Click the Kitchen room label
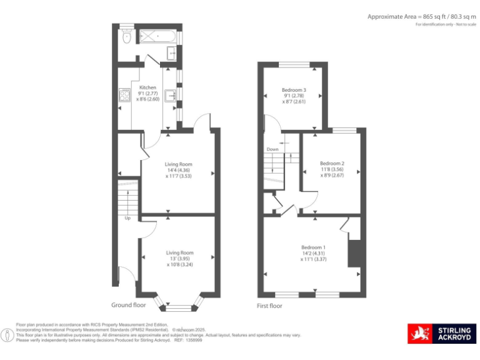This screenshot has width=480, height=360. (x=147, y=87)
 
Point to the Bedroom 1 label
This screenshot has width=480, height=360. (x=313, y=247)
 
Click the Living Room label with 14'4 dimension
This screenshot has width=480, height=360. (x=178, y=164)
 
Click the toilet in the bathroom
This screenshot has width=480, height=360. (x=127, y=38)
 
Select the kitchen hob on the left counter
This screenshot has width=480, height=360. (x=124, y=96)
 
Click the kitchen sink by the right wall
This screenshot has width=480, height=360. (x=170, y=96)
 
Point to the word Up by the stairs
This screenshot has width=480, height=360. (x=128, y=219)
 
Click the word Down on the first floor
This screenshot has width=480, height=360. (x=272, y=149)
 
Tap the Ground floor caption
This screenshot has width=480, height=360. (x=129, y=306)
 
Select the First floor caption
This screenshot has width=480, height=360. (x=269, y=306)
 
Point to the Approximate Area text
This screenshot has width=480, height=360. (x=422, y=16)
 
